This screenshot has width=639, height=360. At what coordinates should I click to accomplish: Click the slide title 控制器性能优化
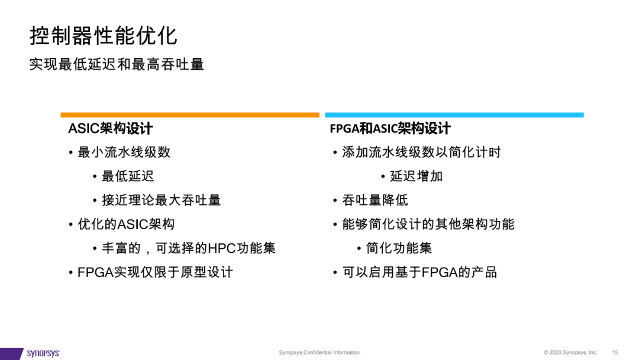[x=104, y=36]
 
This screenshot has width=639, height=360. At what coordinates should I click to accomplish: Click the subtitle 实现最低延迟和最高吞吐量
[x=117, y=65]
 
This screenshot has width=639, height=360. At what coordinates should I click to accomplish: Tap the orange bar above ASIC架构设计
[x=190, y=115]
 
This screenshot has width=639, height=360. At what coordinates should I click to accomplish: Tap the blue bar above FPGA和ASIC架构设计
[x=454, y=115]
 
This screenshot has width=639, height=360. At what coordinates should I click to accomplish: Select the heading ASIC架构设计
[x=111, y=128]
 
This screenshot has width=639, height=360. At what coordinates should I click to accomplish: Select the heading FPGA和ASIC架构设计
[x=390, y=128]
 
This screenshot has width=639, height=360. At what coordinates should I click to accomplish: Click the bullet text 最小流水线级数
[x=124, y=153]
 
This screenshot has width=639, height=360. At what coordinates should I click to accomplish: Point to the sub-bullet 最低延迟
[x=128, y=176]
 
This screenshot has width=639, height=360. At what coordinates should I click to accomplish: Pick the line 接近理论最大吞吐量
[x=162, y=200]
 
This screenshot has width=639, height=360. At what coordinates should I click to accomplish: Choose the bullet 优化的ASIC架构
[x=126, y=224]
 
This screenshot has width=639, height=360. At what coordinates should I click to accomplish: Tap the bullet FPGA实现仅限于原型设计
[x=155, y=272]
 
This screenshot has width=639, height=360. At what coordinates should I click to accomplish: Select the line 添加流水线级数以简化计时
[x=421, y=153]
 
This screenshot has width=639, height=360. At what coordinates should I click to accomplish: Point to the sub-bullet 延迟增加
[x=417, y=176]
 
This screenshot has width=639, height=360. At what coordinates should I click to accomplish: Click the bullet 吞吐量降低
[x=375, y=200]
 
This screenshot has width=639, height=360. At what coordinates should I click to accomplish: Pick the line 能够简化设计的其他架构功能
[x=428, y=224]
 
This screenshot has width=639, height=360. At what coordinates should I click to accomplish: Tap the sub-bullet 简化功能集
[x=399, y=248]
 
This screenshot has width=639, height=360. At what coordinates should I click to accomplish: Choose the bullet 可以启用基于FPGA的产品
[x=419, y=272]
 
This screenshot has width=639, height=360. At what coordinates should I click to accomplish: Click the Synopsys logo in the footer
[x=43, y=353]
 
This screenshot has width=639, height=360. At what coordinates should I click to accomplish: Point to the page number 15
[x=615, y=352]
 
